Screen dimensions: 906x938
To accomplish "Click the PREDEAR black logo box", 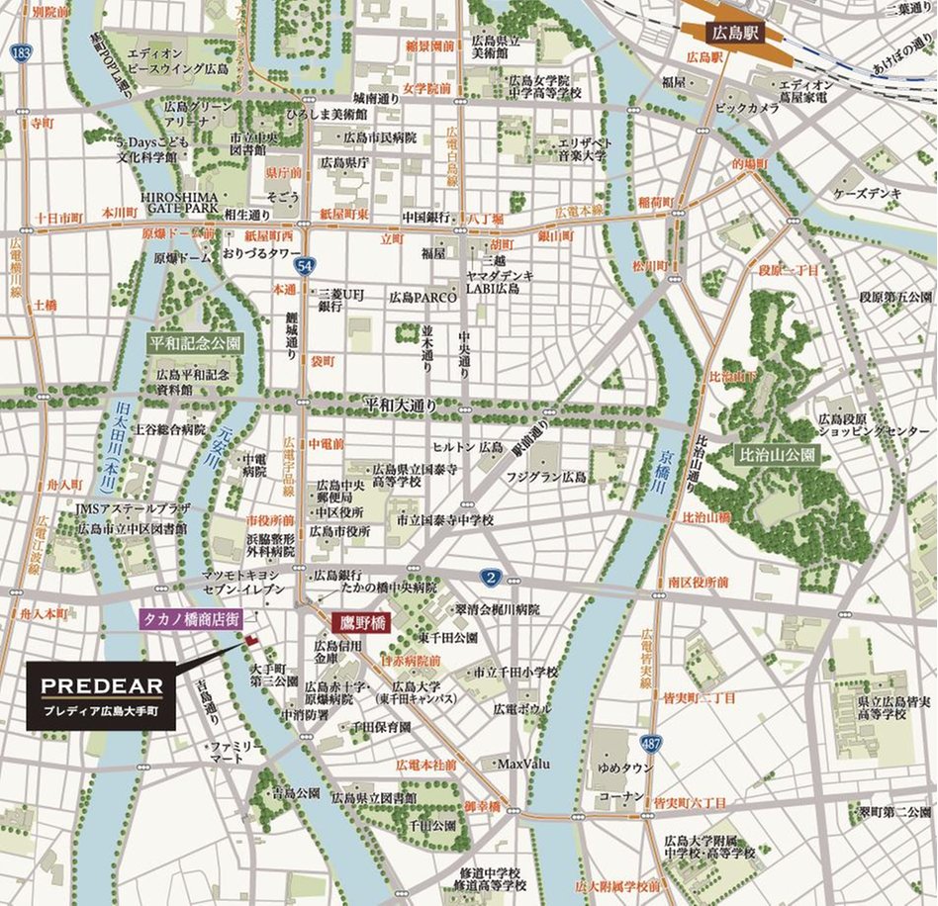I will (x=101, y=695).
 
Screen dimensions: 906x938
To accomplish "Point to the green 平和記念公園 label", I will (x=194, y=343).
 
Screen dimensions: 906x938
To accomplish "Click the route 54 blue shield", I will (x=308, y=265).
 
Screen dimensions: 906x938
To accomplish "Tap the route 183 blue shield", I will (x=22, y=53).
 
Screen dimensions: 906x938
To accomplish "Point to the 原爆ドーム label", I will (x=182, y=257).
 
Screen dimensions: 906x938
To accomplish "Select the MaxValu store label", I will (x=521, y=765).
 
